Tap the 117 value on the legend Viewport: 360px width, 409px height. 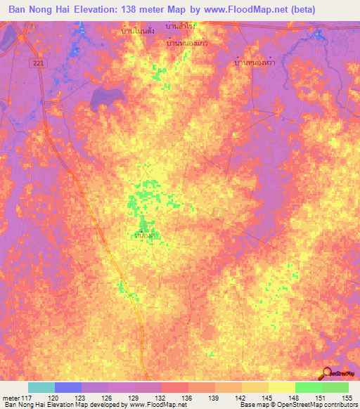(x=27, y=397)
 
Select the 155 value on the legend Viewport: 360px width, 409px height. (x=348, y=397)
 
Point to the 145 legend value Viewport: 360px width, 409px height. (x=268, y=397)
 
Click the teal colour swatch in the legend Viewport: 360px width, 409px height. (x=41, y=387)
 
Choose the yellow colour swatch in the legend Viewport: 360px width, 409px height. (x=281, y=387)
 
